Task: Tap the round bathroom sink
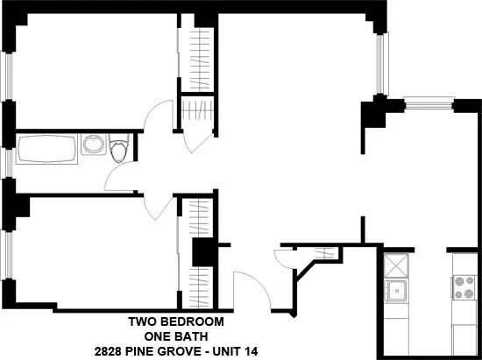pyautogui.click(x=93, y=145)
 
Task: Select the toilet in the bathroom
pyautogui.click(x=120, y=148)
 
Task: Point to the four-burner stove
pyautogui.click(x=462, y=286)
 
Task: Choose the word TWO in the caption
pyautogui.click(x=142, y=321)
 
